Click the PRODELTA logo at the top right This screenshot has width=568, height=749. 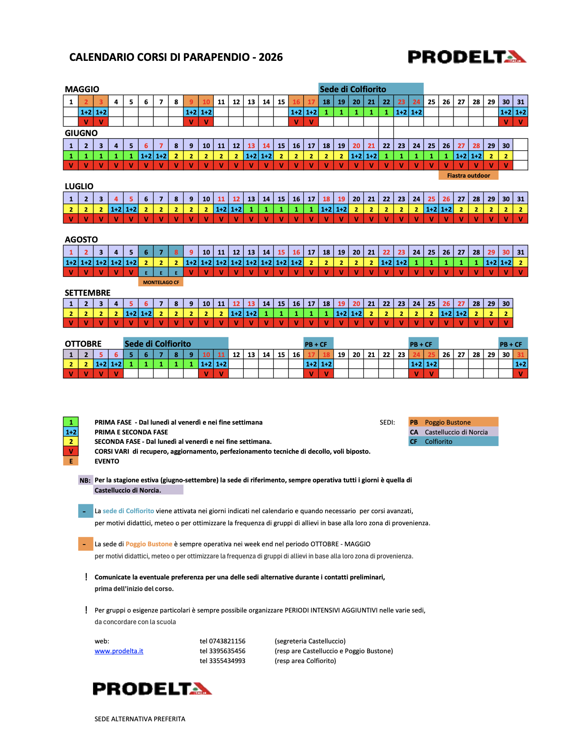(467, 57)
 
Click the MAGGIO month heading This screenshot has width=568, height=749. (82, 89)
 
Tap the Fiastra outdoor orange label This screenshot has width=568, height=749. (468, 175)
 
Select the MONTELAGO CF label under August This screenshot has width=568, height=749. (161, 282)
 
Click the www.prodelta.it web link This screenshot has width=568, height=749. (119, 651)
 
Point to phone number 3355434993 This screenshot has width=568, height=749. (222, 661)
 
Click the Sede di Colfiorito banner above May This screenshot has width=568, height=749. (371, 89)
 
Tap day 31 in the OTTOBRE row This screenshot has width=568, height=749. (521, 354)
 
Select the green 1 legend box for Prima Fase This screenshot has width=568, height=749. (71, 422)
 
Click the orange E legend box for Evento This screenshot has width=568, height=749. (71, 461)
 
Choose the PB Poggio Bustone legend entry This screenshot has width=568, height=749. (453, 422)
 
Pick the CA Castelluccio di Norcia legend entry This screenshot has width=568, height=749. (453, 432)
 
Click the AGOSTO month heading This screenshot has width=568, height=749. (81, 239)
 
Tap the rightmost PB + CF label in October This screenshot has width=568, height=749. (513, 344)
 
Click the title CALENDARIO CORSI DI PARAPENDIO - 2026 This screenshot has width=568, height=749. (176, 57)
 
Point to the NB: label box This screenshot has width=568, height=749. (85, 480)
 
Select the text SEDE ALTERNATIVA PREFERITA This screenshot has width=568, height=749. (140, 719)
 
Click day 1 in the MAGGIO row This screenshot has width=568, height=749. (71, 102)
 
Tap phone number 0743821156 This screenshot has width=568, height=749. (222, 641)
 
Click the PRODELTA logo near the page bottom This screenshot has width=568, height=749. (152, 689)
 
